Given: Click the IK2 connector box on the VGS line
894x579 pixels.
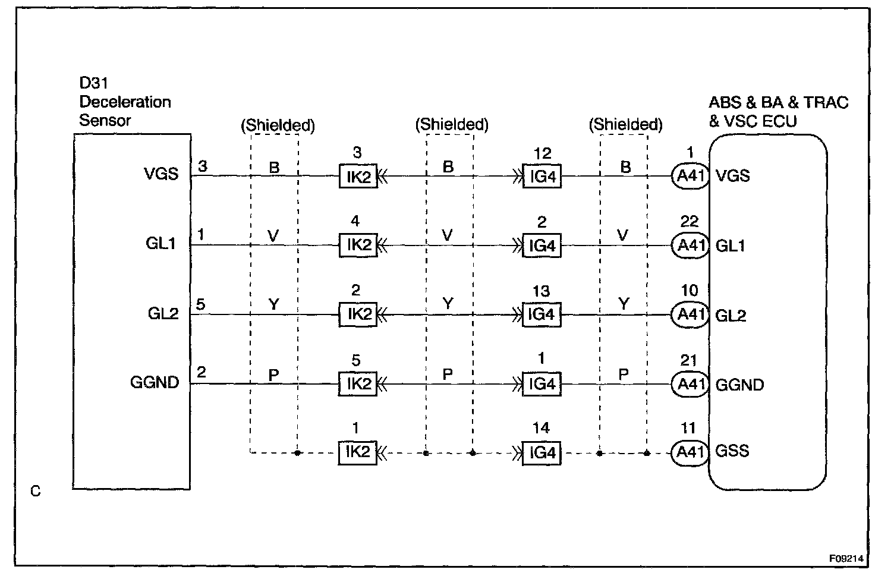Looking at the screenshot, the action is [x=358, y=177].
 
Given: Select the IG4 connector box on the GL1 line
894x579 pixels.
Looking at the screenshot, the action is [x=542, y=246].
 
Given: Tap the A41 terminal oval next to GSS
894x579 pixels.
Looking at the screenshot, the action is [x=690, y=453].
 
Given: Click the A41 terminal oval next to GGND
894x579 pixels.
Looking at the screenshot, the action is [x=690, y=384].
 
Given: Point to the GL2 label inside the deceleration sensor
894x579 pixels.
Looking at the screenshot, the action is [x=163, y=314].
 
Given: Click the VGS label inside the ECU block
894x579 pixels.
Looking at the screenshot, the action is [x=733, y=176].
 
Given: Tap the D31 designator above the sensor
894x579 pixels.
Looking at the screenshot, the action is [x=93, y=84].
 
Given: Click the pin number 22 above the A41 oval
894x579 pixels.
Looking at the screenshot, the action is [x=690, y=222].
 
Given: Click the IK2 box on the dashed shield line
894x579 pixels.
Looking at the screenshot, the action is [x=358, y=452].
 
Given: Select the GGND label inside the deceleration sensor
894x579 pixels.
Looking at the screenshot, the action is [x=155, y=382].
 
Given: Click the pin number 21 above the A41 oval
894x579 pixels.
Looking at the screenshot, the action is [x=689, y=360].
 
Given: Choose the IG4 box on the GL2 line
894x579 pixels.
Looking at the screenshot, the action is [x=542, y=314].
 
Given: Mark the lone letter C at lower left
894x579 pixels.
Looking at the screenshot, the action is [x=36, y=492].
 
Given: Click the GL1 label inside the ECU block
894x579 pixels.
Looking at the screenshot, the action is [x=731, y=246].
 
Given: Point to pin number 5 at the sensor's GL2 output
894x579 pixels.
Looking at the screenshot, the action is [x=201, y=304].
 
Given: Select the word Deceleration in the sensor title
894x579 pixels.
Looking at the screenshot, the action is [x=125, y=102].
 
